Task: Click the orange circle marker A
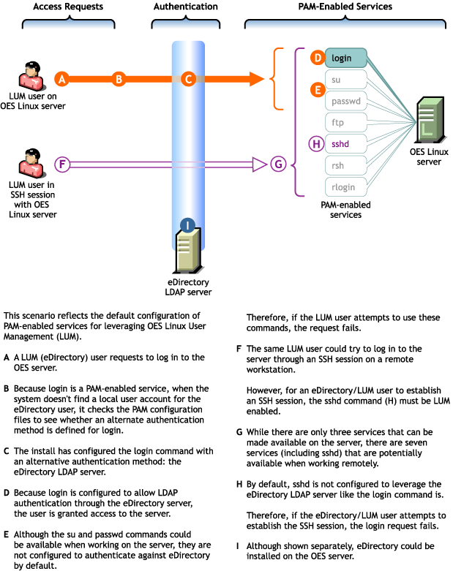(62, 78)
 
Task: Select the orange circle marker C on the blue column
(188, 78)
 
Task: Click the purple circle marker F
(62, 165)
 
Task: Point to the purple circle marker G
(277, 165)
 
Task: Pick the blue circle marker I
(187, 224)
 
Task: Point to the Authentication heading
(185, 7)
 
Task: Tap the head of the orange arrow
(255, 78)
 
